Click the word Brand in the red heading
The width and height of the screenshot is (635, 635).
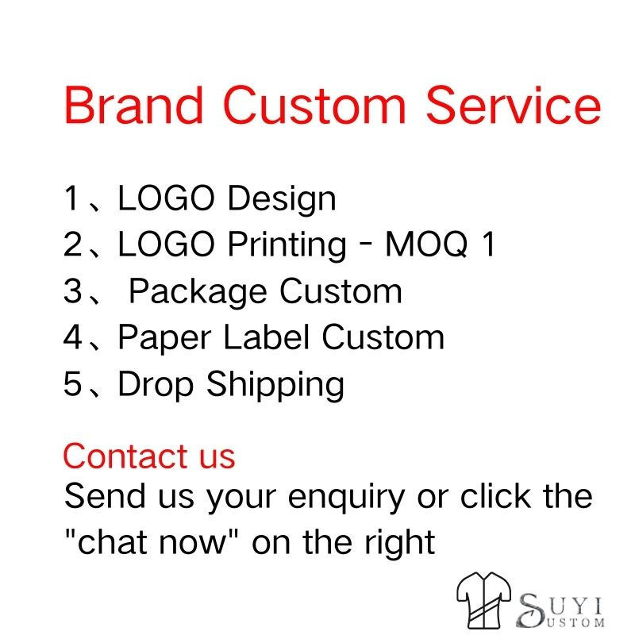click(133, 105)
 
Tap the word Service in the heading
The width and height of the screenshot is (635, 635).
click(513, 105)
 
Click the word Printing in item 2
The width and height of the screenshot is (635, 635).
click(287, 246)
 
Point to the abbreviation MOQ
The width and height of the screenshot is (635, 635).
click(426, 244)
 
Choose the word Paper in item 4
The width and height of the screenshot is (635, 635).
click(164, 339)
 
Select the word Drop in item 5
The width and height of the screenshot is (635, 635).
click(156, 385)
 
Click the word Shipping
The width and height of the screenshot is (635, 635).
click(275, 385)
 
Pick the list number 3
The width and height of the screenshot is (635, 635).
click(73, 291)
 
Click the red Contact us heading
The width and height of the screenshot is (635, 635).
click(149, 456)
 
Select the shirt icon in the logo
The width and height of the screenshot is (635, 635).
click(484, 598)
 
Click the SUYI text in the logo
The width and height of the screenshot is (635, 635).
click(560, 606)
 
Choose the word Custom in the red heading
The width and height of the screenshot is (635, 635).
click(314, 105)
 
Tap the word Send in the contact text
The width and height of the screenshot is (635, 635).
click(105, 495)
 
